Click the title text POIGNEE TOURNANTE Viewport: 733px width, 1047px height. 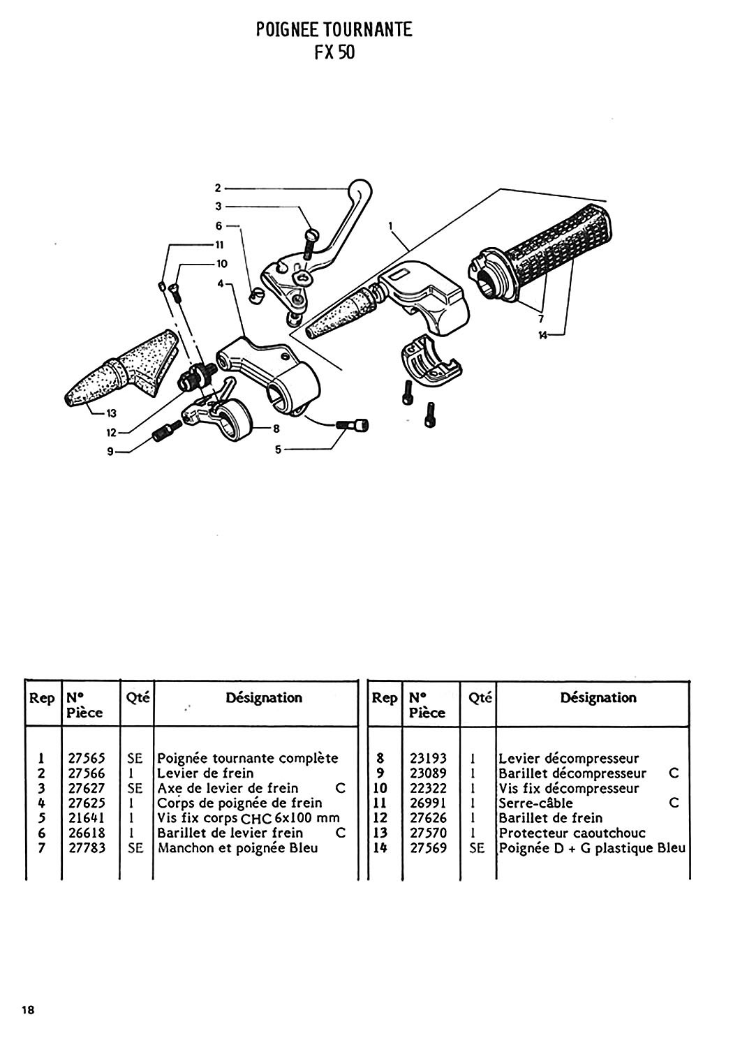334,30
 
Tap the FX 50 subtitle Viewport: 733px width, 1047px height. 334,52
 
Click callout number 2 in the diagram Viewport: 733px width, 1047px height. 218,188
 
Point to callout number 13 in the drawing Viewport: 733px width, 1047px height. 111,413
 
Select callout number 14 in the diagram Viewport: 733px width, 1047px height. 542,335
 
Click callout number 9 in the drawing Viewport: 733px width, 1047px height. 110,452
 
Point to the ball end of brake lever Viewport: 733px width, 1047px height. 360,189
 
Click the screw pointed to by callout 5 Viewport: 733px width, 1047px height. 353,425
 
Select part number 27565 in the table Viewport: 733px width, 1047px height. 87,757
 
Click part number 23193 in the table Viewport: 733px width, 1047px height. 428,757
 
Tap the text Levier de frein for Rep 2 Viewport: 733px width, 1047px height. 205,773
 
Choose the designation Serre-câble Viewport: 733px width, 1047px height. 535,803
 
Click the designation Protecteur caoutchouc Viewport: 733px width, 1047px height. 572,833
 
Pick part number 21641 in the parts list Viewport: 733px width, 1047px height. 87,817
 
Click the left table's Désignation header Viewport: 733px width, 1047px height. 264,697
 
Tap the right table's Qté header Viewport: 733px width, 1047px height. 480,698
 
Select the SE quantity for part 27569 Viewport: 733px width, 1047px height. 476,847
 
